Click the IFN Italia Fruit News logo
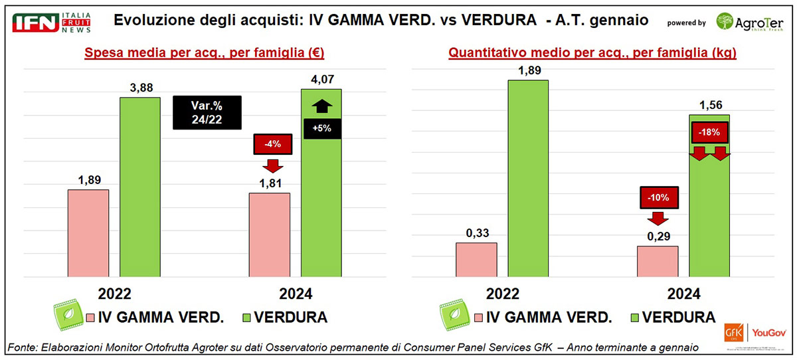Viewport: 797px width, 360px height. [x=51, y=22]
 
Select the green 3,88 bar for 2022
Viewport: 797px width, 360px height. [x=140, y=187]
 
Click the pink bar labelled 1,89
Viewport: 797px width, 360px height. [x=88, y=233]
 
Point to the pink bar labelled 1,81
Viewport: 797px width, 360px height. [x=269, y=234]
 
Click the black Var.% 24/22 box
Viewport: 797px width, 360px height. [x=207, y=112]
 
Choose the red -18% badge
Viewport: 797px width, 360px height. [x=709, y=132]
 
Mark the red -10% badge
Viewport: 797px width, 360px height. [x=659, y=197]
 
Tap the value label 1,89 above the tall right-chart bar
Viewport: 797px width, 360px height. [x=528, y=70]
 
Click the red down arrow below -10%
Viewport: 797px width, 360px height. [x=659, y=219]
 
